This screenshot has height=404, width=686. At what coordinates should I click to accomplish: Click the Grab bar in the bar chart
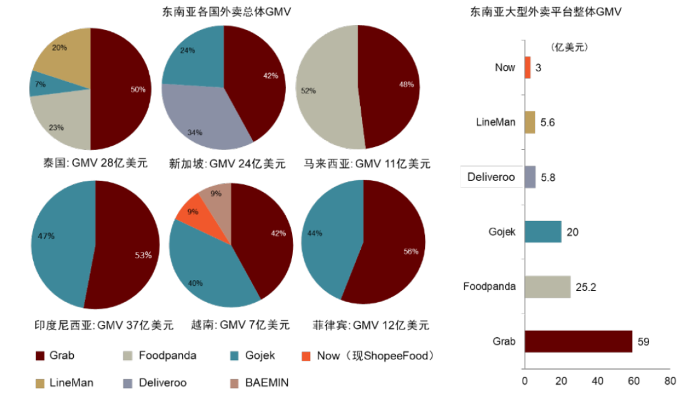click(x=578, y=342)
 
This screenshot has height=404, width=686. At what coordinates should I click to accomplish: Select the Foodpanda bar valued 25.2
click(x=547, y=287)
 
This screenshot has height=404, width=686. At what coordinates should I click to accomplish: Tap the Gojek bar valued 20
click(x=542, y=232)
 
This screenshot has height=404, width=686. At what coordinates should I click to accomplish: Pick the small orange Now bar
click(x=527, y=67)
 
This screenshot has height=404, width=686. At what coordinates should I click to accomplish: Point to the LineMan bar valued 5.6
click(x=530, y=122)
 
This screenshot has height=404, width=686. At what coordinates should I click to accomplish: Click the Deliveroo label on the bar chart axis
click(x=491, y=177)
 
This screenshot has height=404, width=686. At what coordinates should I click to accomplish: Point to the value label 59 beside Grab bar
click(x=643, y=342)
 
